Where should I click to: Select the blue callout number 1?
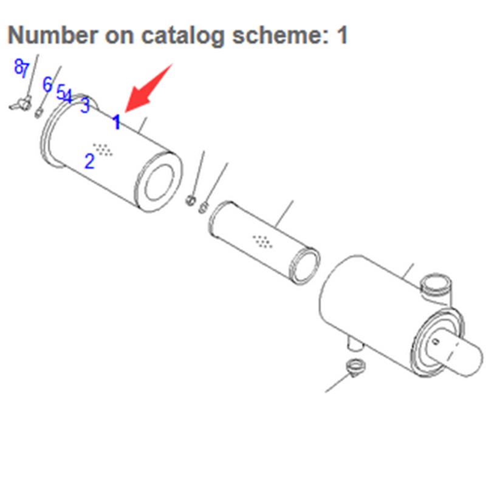pyautogui.click(x=117, y=122)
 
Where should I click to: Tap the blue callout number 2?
pyautogui.click(x=89, y=161)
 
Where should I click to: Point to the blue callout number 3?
pyautogui.click(x=85, y=105)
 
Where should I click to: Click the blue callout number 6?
pyautogui.click(x=47, y=84)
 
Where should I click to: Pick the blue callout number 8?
pyautogui.click(x=19, y=66)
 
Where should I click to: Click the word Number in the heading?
pyautogui.click(x=53, y=35)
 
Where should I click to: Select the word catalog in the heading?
pyautogui.click(x=183, y=36)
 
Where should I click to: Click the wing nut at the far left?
pyautogui.click(x=21, y=103)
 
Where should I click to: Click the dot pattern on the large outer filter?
pyautogui.click(x=103, y=149)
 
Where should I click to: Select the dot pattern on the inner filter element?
pyautogui.click(x=262, y=241)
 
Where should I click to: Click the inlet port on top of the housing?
pyautogui.click(x=436, y=287)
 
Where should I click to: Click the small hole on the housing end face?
pyautogui.click(x=436, y=342)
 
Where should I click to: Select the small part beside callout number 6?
pyautogui.click(x=39, y=112)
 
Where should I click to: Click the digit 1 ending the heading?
pyautogui.click(x=342, y=35)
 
